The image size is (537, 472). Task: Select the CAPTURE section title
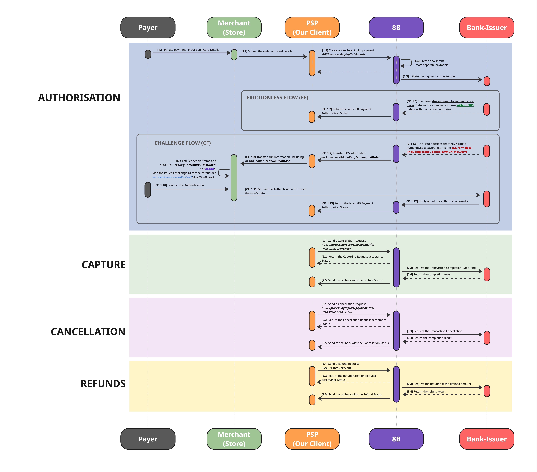point(104,264)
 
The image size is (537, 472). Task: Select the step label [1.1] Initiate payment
point(188,50)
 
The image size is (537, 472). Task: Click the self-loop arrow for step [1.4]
point(407,63)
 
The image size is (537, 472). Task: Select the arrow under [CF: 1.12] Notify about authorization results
point(440,205)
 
